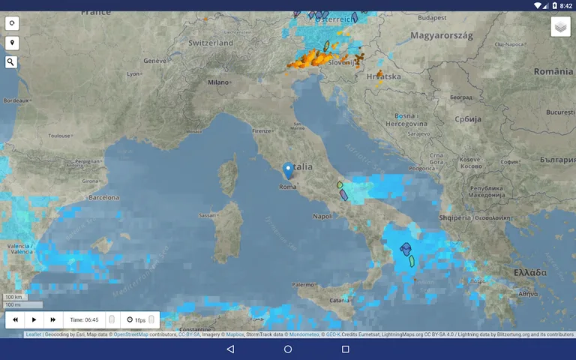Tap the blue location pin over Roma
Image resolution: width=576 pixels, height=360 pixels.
288,169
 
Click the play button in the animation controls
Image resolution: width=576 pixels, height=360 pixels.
34,319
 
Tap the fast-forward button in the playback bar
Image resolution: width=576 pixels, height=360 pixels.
52,319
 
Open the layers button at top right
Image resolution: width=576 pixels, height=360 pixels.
560,27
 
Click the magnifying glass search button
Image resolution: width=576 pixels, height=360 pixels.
11,62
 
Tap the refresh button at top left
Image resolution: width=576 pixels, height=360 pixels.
11,23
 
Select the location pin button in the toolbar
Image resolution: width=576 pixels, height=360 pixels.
11,43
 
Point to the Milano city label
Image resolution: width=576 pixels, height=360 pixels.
218,82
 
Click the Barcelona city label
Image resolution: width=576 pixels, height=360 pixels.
103,198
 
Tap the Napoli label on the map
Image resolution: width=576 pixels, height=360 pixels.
322,216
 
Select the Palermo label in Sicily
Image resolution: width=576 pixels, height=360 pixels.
303,285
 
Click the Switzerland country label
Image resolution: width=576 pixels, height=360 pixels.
211,43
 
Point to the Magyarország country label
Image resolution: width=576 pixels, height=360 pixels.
441,35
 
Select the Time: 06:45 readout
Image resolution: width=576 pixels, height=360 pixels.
84,320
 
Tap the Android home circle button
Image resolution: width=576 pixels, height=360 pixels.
288,349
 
